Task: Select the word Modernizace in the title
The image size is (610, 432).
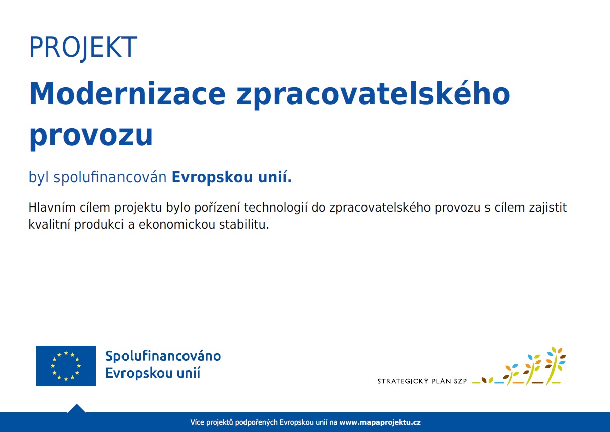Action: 128,93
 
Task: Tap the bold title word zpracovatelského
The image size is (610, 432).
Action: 373,95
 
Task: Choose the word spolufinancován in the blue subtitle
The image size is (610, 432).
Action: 110,177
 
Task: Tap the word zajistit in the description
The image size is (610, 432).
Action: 548,207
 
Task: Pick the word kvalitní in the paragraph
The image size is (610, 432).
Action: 49,225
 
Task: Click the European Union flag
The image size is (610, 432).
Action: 66,365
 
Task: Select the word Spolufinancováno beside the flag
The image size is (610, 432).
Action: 163,356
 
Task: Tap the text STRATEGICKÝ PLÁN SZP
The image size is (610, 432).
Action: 422,381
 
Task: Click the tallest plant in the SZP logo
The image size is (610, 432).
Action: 555,365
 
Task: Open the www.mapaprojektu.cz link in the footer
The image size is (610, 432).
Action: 380,422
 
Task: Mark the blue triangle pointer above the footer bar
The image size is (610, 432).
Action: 77,408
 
